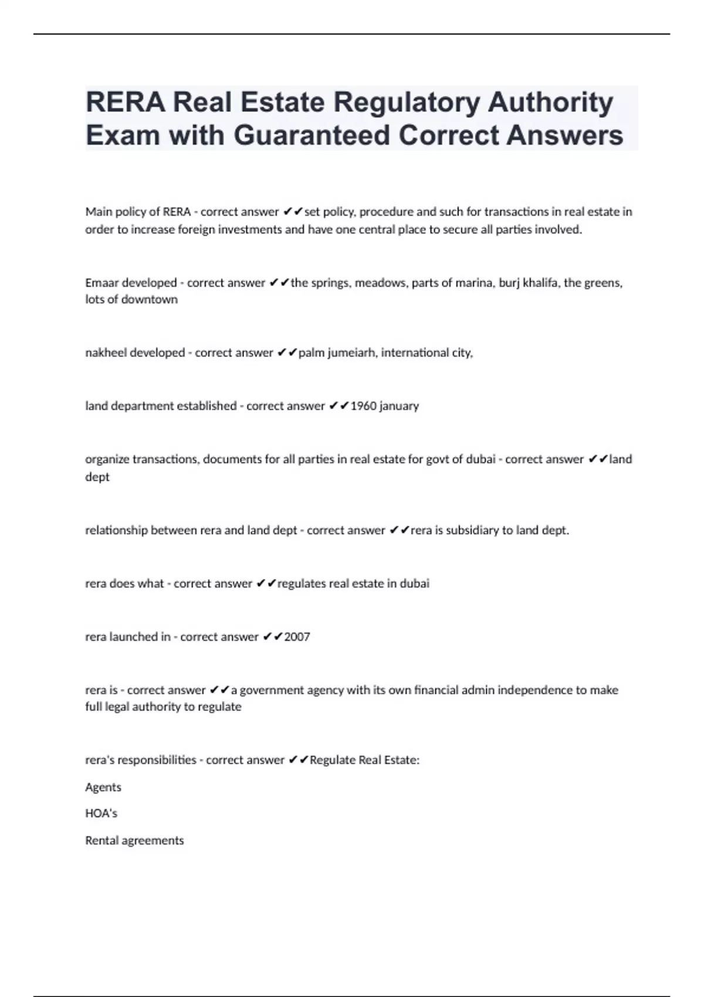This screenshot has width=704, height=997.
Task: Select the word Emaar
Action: point(101,283)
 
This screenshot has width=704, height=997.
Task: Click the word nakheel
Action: point(105,352)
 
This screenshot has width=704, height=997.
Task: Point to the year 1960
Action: point(363,406)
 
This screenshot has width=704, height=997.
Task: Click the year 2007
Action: point(297,637)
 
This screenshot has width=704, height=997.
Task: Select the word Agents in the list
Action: point(103,787)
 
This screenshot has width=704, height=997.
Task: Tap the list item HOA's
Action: point(101,813)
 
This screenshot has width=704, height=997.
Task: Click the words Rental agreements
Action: point(134,840)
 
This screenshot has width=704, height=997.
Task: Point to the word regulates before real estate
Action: point(301,584)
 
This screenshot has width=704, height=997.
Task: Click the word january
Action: point(399,406)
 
